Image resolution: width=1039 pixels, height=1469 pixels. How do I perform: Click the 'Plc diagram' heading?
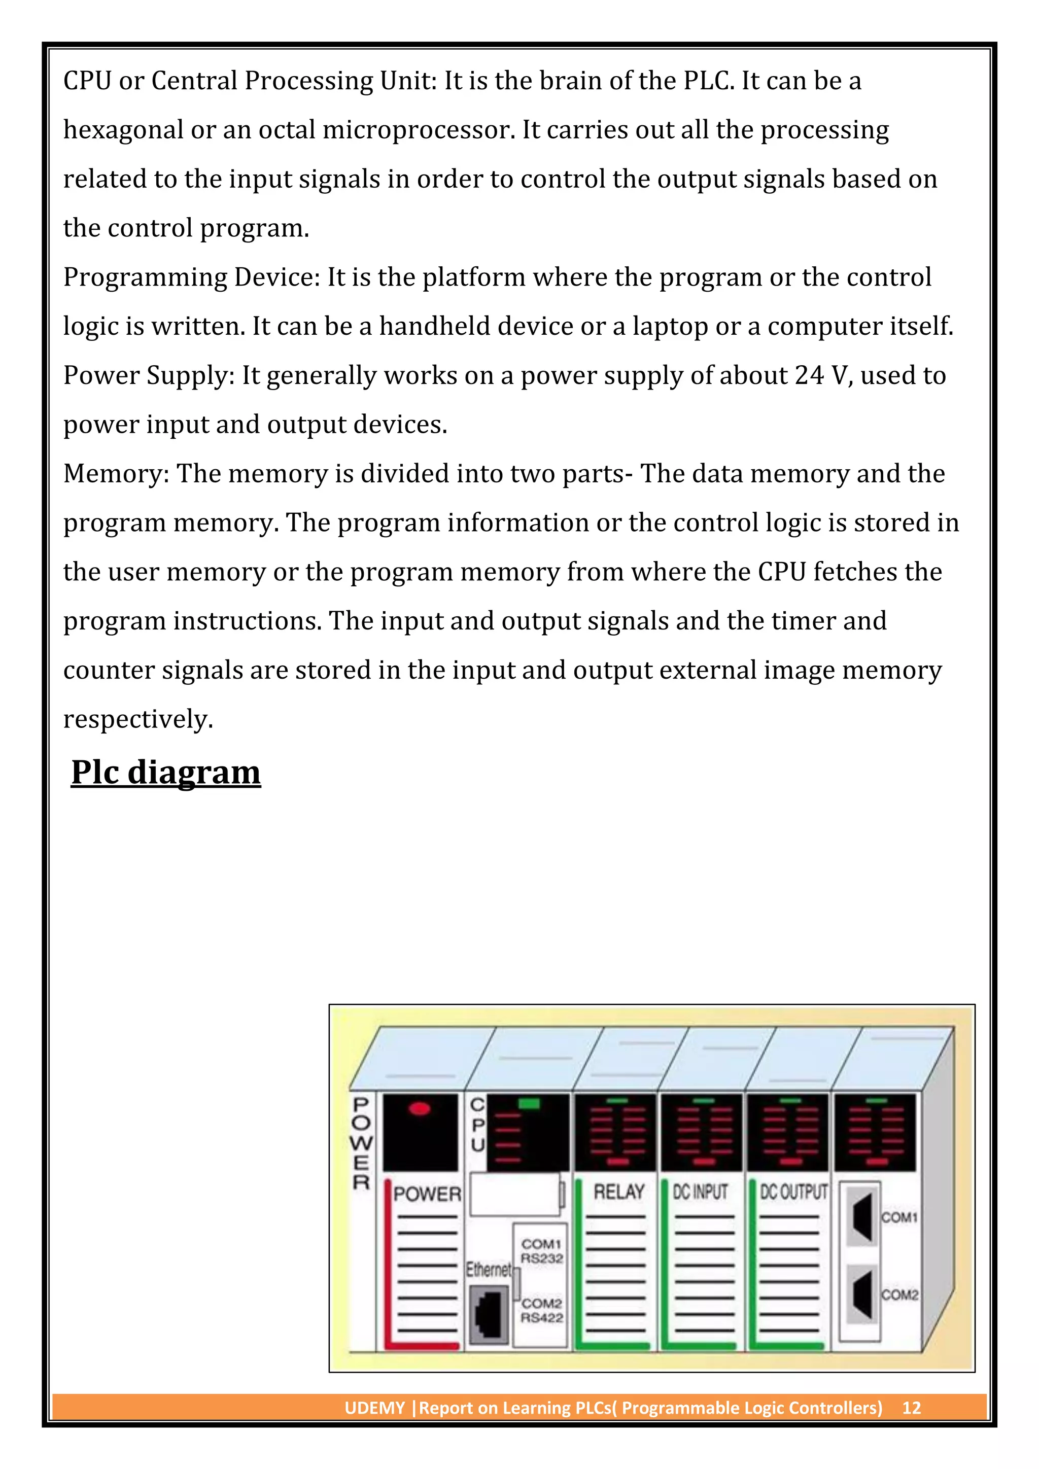166,772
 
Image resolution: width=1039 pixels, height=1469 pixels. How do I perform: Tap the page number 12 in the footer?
911,1408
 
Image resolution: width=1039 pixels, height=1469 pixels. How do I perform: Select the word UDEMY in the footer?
374,1408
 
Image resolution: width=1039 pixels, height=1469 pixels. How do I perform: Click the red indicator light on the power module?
420,1109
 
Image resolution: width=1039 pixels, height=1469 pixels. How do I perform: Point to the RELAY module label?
618,1192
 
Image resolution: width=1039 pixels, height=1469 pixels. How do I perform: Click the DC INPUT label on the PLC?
701,1192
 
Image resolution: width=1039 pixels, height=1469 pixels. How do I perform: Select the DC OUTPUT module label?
793,1192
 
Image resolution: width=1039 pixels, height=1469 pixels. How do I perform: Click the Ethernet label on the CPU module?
488,1269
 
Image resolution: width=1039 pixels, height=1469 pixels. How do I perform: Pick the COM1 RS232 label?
541,1251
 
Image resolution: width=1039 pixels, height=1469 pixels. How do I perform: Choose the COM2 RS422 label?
541,1310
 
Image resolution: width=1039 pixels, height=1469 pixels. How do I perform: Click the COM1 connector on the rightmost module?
862,1217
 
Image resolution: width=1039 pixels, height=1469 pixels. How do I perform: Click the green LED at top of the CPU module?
529,1104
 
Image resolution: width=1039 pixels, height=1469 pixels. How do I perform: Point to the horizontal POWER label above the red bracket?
427,1194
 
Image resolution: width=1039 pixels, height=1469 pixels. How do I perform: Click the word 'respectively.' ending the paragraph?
137,720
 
